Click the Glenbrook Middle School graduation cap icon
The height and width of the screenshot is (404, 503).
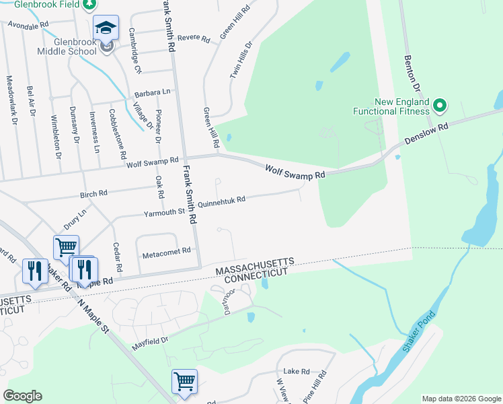point(106,28)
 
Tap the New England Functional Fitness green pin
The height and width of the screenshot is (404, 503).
point(440,105)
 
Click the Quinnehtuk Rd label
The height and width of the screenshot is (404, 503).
point(221,200)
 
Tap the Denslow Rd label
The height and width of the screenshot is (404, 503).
point(426,135)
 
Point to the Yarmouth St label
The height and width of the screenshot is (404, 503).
point(163,213)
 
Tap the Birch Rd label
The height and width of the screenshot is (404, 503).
point(93,194)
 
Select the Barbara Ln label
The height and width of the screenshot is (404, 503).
point(152,92)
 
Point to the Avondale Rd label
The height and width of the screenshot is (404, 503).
point(28,24)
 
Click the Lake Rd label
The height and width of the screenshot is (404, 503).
point(296,371)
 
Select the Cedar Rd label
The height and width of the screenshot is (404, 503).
point(117,254)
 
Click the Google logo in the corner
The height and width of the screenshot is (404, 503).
point(23,396)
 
